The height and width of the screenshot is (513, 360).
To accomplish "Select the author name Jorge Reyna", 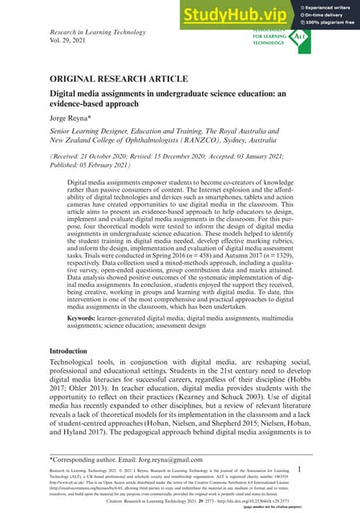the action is tap(71, 115).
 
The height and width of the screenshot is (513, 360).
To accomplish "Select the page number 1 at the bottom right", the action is tap(298, 469).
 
